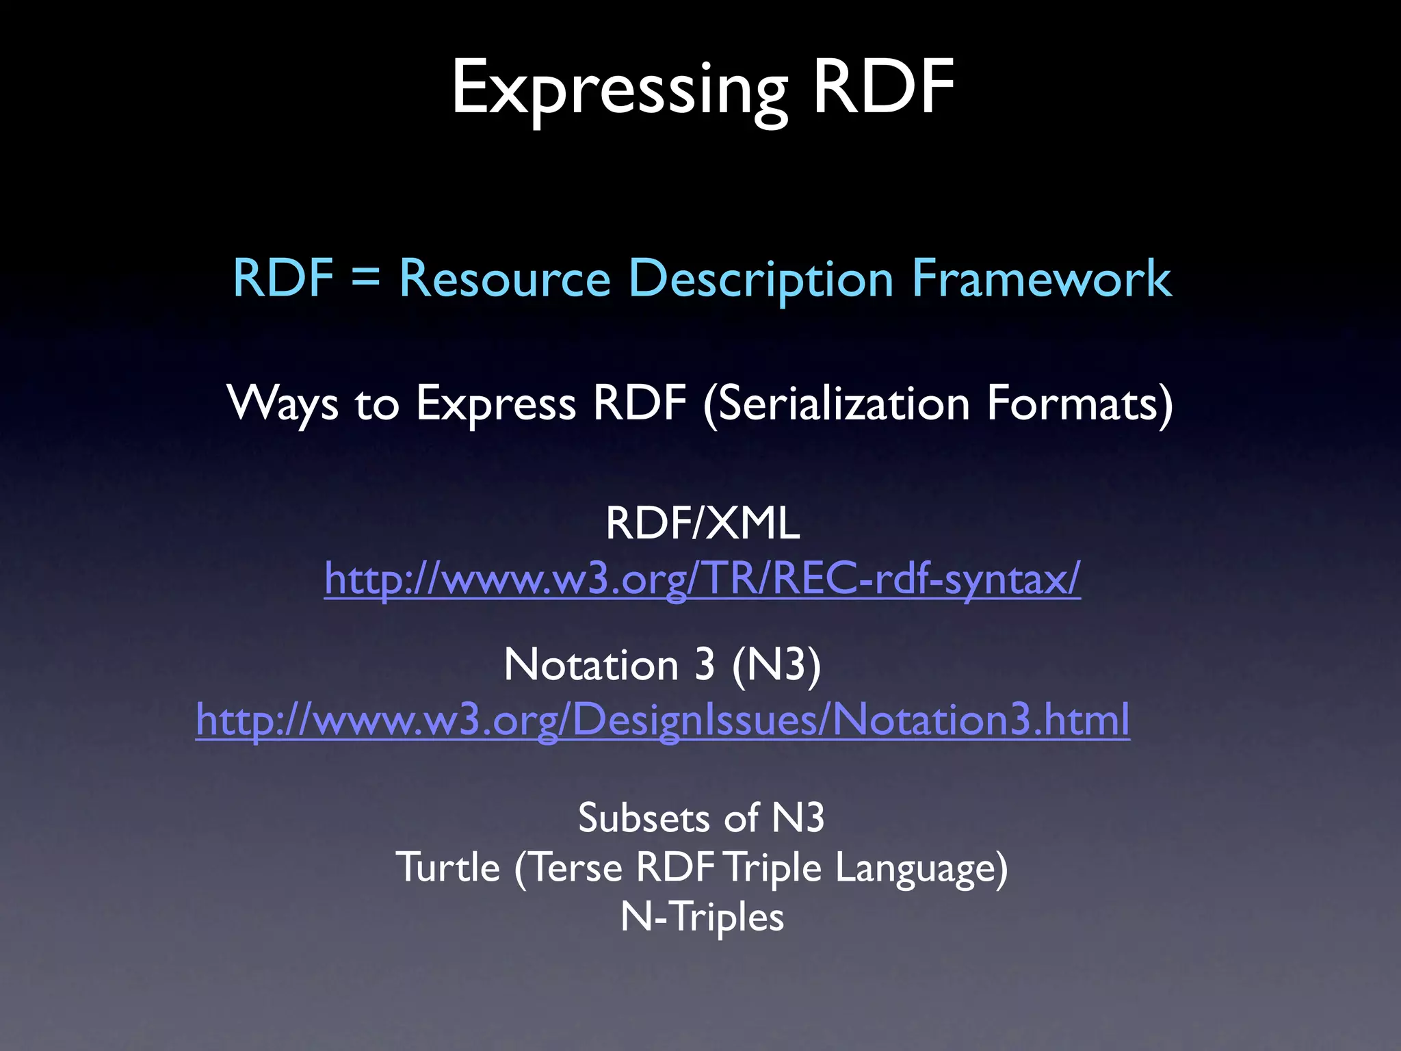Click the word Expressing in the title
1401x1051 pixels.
point(619,89)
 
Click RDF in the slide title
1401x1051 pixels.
point(883,88)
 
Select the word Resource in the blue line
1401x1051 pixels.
point(505,278)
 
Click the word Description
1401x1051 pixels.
point(761,278)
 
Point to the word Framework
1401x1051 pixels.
point(1041,278)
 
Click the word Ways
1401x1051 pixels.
point(283,403)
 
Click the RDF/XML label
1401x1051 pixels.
point(703,523)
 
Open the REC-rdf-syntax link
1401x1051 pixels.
point(703,579)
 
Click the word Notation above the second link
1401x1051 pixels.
point(591,664)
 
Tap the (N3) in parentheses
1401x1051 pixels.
point(776,664)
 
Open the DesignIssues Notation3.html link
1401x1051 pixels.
point(662,720)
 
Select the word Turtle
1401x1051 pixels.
point(448,868)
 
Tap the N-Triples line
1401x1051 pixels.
point(702,917)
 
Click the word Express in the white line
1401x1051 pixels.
point(496,403)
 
